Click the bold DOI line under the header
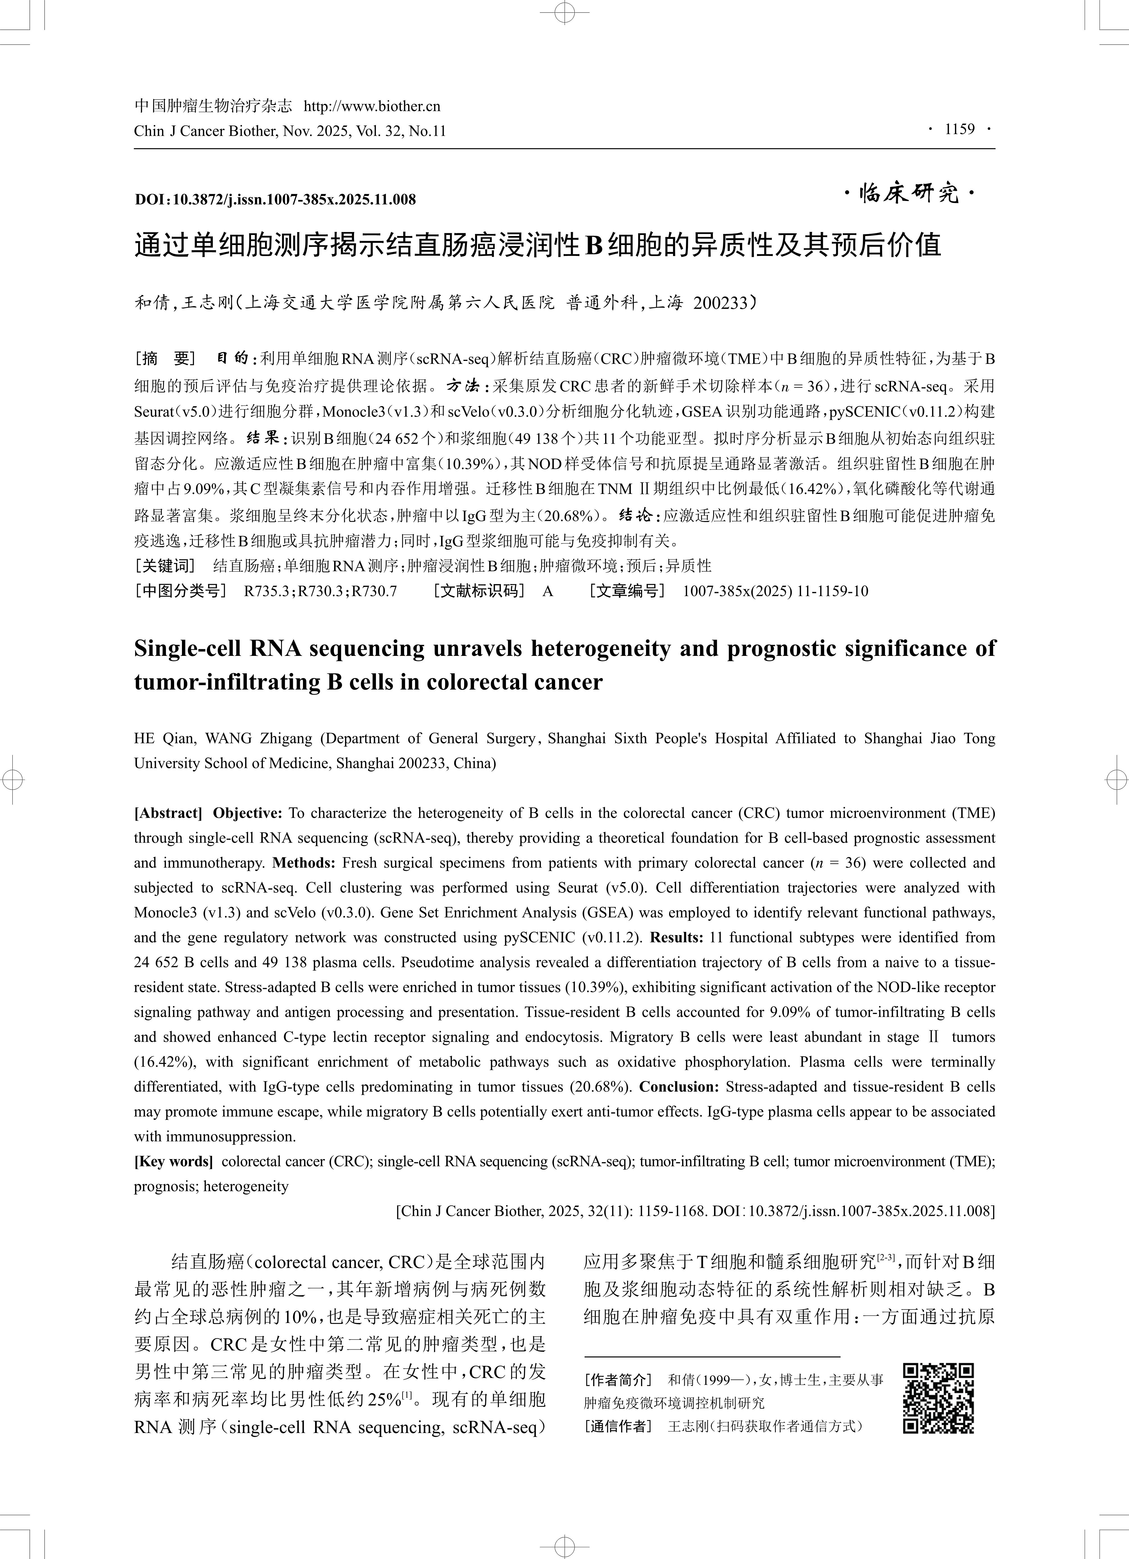point(275,199)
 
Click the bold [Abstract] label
point(168,813)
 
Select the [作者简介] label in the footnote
point(617,1380)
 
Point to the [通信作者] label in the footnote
point(617,1426)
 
